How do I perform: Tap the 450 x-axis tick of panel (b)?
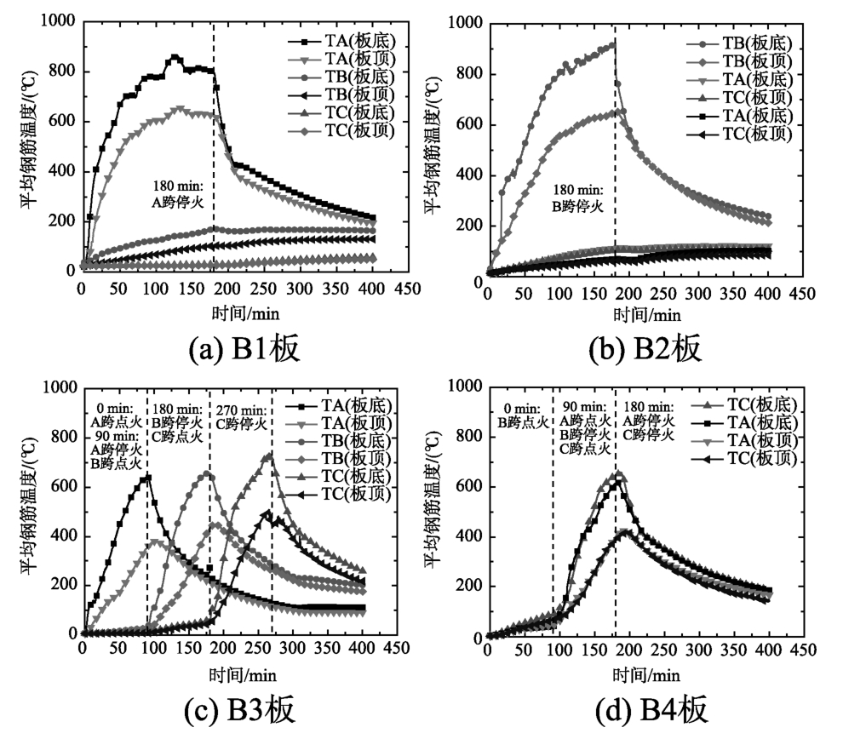(x=798, y=295)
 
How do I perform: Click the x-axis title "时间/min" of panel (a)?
(x=232, y=310)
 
